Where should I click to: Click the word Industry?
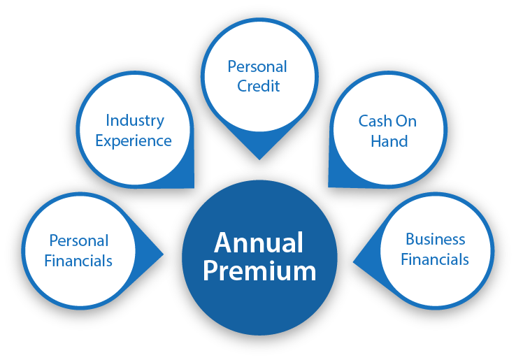click(135, 122)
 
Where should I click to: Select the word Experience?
click(134, 141)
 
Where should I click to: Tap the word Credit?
click(258, 86)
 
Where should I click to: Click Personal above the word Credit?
click(257, 66)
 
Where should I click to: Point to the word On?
click(406, 121)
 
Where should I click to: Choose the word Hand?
click(389, 141)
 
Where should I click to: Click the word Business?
click(436, 239)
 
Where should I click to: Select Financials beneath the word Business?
click(435, 259)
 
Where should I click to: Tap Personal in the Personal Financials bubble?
click(79, 240)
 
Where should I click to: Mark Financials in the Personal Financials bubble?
click(78, 261)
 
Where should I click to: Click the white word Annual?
click(259, 243)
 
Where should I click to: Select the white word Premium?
click(259, 271)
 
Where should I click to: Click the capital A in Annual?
click(223, 243)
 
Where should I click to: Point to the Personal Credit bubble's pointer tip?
click(259, 160)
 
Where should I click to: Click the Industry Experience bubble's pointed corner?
click(194, 188)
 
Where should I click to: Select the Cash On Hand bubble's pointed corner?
click(329, 187)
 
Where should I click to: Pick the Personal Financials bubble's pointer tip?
click(164, 254)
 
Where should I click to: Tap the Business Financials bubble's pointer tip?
click(353, 262)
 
